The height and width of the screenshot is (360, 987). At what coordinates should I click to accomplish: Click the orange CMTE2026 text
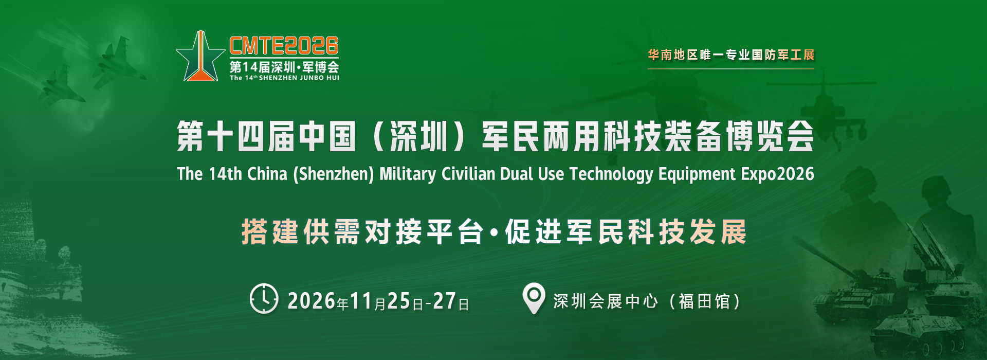pos(284,46)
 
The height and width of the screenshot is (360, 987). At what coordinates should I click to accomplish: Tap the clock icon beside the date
pos(264,298)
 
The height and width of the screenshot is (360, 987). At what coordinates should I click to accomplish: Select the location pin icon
pos(534,298)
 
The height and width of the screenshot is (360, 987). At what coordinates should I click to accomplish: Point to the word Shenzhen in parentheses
pos(333,174)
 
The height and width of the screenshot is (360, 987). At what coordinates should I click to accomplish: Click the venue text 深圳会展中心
pos(606,301)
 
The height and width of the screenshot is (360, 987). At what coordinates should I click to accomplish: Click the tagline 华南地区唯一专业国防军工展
pos(731,55)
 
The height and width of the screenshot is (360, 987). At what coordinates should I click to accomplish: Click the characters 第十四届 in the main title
pos(235,136)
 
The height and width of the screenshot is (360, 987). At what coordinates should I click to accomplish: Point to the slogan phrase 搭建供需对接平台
pos(362,231)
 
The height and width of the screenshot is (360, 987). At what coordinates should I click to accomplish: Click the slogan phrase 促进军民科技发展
pos(625,231)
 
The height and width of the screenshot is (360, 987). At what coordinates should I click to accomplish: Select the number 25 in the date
pos(398,301)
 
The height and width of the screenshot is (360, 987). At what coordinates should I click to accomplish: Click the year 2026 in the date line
pos(312,301)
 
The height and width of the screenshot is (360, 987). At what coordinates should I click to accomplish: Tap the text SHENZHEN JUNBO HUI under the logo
pos(299,78)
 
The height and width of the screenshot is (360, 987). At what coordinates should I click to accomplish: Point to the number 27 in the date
pos(444,301)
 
